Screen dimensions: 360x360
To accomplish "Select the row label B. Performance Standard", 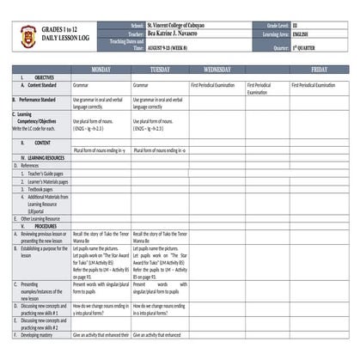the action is [x=40, y=100].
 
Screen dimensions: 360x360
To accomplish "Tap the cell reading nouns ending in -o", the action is [x=160, y=149].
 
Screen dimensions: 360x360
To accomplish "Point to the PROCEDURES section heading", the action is [x=40, y=226].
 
